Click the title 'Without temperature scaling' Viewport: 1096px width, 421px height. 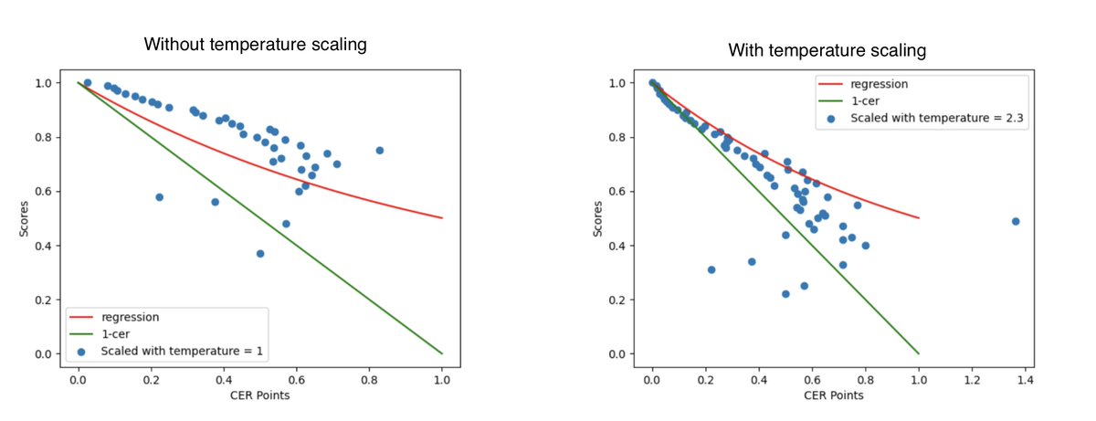(x=255, y=44)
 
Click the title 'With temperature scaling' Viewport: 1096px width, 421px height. (x=827, y=50)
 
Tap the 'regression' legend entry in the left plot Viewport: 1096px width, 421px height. (x=130, y=317)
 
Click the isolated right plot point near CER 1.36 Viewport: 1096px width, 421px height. (x=1015, y=221)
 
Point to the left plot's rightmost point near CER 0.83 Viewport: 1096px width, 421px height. (x=380, y=151)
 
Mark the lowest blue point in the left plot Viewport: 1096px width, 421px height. (x=260, y=254)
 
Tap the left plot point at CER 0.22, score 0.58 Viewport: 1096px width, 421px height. (x=159, y=197)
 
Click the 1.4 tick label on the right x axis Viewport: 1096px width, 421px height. (x=1024, y=377)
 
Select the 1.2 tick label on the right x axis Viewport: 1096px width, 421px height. (x=971, y=377)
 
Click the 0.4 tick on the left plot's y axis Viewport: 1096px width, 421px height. (x=47, y=246)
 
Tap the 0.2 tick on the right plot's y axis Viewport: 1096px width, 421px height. (x=621, y=300)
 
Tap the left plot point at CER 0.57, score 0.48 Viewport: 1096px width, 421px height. (x=286, y=224)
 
